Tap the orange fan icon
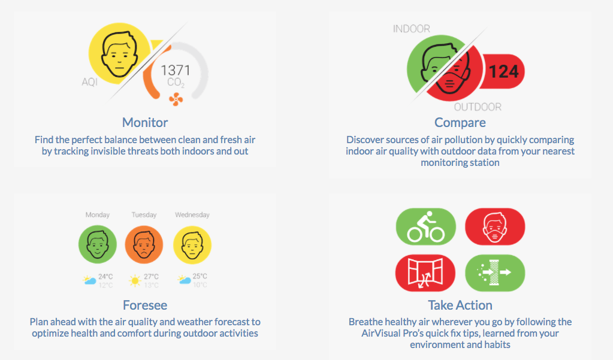tap(176, 99)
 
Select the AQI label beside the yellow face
tap(89, 81)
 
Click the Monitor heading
tap(145, 122)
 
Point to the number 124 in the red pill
tap(503, 71)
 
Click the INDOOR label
tap(411, 29)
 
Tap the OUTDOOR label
tap(478, 107)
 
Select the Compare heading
tap(460, 123)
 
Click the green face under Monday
tap(98, 244)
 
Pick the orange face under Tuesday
tap(144, 244)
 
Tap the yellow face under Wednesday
tap(192, 244)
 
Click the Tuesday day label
tap(144, 214)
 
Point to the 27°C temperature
tap(151, 276)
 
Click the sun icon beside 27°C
tap(135, 281)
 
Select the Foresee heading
tap(145, 305)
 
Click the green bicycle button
tap(425, 226)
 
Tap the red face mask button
tap(495, 226)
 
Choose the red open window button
tap(425, 273)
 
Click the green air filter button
tap(495, 273)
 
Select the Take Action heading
tap(460, 305)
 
